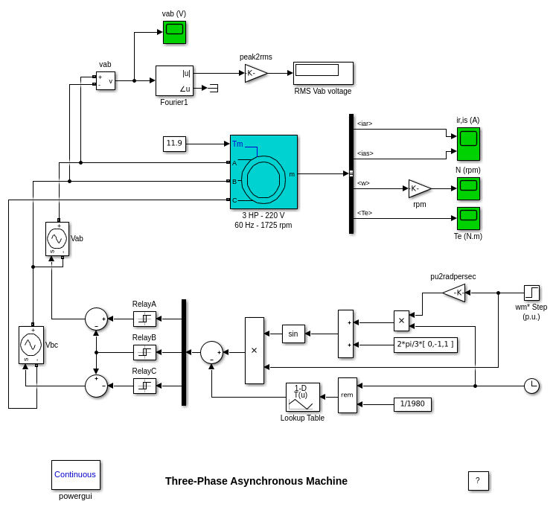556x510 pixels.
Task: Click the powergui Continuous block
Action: point(75,474)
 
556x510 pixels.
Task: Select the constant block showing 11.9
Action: point(174,144)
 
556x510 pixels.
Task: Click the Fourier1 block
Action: point(174,80)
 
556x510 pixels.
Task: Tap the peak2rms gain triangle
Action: point(255,73)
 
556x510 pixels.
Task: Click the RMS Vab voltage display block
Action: point(323,73)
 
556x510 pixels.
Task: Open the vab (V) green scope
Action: point(174,32)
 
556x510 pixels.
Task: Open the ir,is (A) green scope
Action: point(468,144)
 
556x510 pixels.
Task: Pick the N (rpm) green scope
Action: point(468,188)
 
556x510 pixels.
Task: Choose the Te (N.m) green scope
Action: point(468,218)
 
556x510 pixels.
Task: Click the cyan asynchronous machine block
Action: point(263,172)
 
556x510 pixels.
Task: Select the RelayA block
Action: point(144,319)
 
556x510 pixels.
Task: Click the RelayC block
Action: point(144,386)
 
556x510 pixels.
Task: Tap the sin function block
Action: point(293,334)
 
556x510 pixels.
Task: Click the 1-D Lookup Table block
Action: point(302,398)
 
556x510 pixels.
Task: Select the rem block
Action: point(347,395)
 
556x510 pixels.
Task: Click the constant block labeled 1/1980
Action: point(412,404)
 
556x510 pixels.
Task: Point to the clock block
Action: point(531,386)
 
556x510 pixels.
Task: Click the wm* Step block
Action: point(531,293)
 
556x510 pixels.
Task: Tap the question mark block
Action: point(478,481)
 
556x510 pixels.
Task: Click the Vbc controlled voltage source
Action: point(31,345)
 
